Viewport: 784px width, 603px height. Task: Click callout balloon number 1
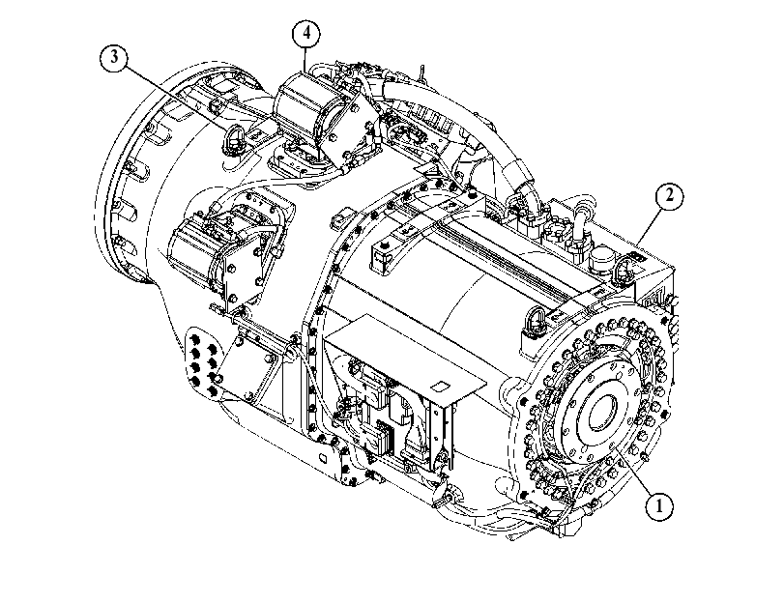pyautogui.click(x=658, y=506)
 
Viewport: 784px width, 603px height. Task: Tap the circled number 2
pyautogui.click(x=669, y=195)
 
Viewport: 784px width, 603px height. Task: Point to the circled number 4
pyautogui.click(x=306, y=34)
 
